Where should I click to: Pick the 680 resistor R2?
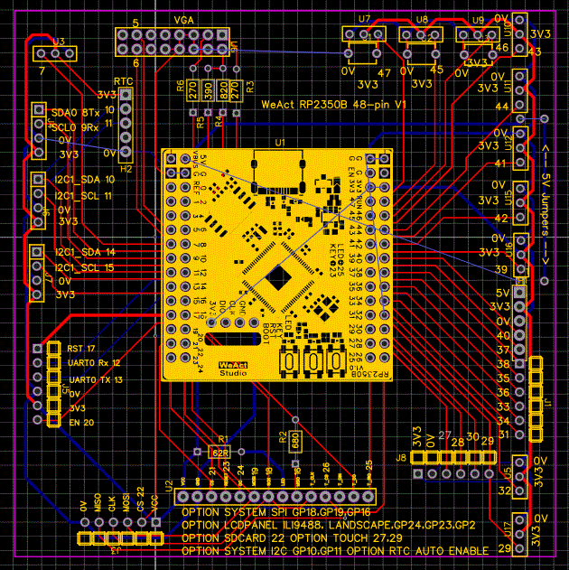tap(294, 440)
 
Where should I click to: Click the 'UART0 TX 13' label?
tap(95, 379)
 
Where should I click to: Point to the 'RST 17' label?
tap(81, 348)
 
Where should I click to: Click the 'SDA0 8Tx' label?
tap(77, 112)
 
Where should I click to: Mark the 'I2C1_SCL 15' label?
tap(84, 267)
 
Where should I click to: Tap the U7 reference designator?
tap(364, 18)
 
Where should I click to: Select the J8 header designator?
tap(400, 458)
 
